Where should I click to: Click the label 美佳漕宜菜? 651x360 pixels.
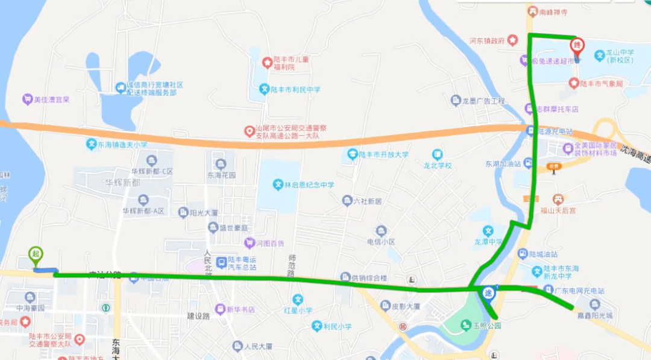click(51, 99)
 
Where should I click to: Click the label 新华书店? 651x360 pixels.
click(239, 309)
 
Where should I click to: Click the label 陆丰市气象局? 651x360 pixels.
click(601, 84)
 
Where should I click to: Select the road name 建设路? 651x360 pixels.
click(198, 315)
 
